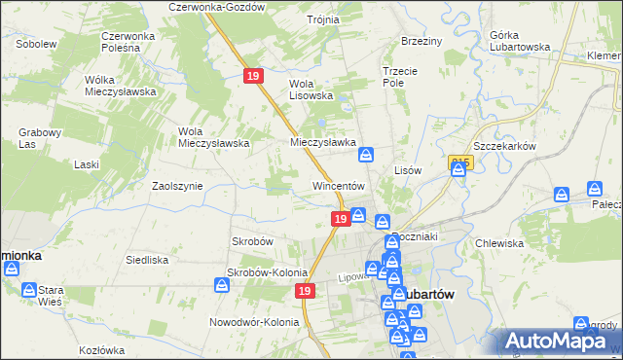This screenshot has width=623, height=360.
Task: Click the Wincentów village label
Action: point(338,185)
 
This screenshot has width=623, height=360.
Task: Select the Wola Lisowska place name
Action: point(311,89)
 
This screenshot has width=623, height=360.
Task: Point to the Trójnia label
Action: point(322,19)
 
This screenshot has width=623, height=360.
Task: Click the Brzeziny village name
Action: point(421,41)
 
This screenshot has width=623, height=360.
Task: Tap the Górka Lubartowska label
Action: point(516,41)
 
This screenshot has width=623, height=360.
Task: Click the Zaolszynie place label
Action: point(177,185)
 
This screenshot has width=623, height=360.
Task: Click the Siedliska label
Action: point(148,260)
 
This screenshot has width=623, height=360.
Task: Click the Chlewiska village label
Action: point(500,243)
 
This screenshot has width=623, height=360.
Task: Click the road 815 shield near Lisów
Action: point(461,163)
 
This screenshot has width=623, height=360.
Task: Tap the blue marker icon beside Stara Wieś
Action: point(29,290)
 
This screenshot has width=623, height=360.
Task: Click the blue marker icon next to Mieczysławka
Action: point(369,153)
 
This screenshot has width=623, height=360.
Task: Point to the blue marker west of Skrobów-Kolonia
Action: point(222,285)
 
